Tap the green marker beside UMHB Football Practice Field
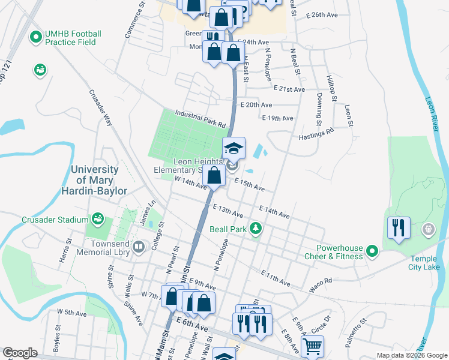[x=35, y=37]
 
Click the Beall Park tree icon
[x=256, y=229]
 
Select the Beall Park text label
[x=228, y=229]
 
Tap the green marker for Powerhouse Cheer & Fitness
[x=372, y=251]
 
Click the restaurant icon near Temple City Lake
[x=399, y=227]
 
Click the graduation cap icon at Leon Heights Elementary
[x=234, y=147]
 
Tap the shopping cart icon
[x=312, y=346]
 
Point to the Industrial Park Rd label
[x=200, y=119]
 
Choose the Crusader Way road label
[x=101, y=107]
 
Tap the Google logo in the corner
[x=19, y=353]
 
